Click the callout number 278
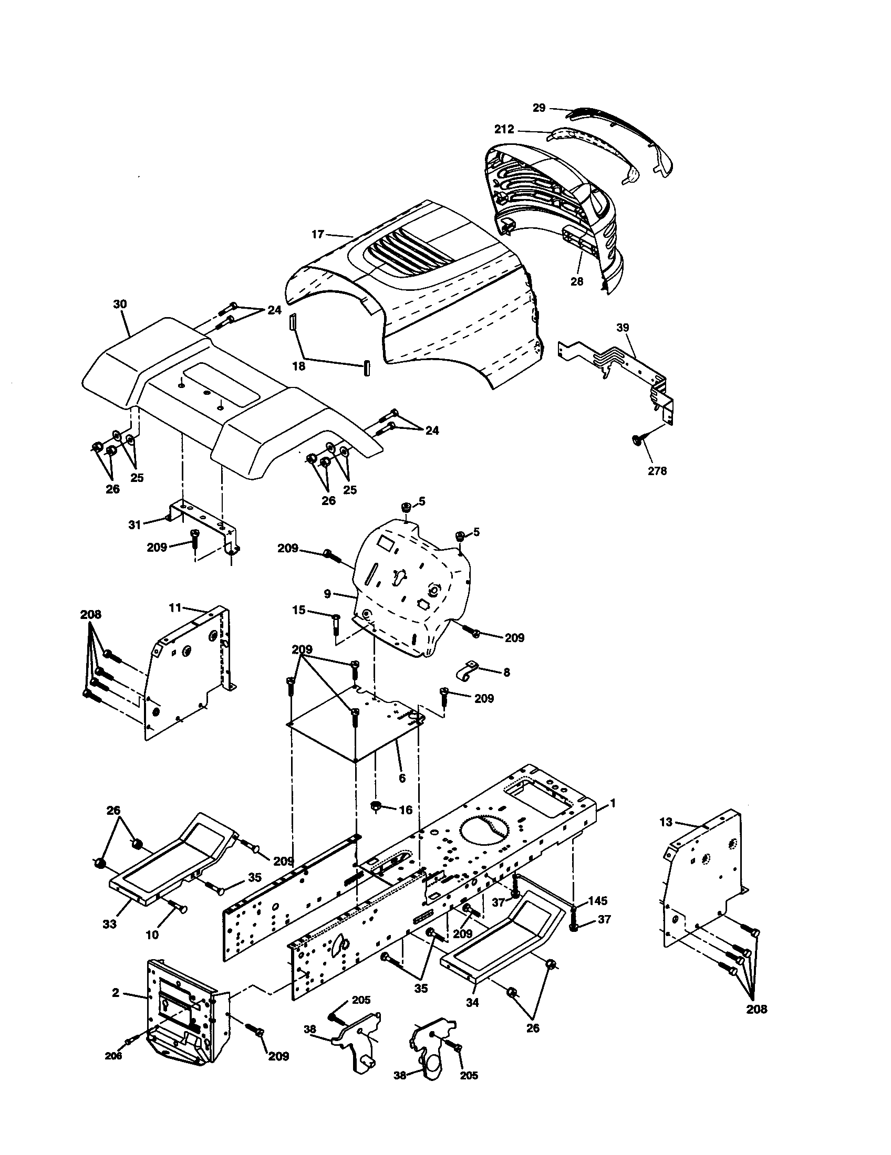657,471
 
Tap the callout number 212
504,129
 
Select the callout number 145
598,900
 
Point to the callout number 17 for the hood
317,234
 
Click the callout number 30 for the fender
120,304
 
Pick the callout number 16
405,810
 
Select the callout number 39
623,328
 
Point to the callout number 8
506,672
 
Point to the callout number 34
472,1002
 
